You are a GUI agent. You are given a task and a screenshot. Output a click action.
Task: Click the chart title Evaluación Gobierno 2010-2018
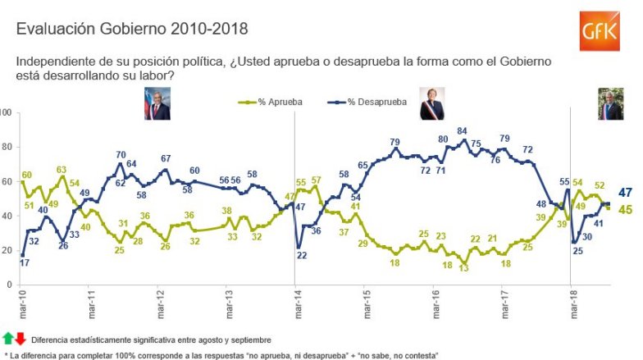tap(132, 28)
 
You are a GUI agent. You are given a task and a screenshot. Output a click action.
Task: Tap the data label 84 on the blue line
tap(462, 130)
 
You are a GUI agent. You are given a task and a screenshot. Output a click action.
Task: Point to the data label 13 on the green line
tap(463, 267)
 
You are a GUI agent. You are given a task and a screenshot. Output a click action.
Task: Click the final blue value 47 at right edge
tap(623, 192)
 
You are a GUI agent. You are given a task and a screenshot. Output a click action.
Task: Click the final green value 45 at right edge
tap(623, 210)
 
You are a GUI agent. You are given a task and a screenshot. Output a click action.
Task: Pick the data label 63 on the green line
tap(61, 169)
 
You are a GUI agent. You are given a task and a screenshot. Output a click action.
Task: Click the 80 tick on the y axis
tap(6, 147)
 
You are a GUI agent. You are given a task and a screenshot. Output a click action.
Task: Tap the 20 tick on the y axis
tap(6, 250)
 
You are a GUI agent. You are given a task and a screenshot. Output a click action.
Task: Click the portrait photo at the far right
tap(610, 104)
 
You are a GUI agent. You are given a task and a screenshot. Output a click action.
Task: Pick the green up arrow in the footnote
tap(9, 337)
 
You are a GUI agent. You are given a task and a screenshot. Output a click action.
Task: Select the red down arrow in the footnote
tap(21, 337)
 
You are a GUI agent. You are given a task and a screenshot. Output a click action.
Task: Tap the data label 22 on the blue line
tap(301, 255)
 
